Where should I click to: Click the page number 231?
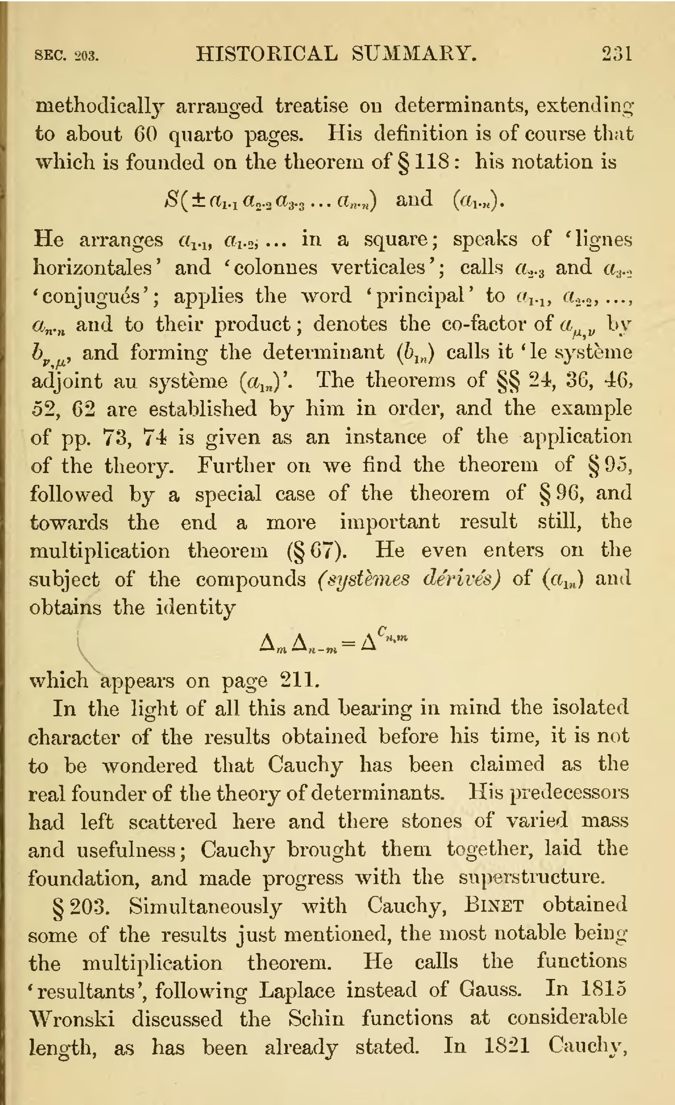617,54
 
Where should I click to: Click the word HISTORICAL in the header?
267,54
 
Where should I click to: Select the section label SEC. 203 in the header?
66,56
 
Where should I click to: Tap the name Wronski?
72,1018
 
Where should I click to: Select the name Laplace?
297,990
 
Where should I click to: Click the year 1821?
507,1046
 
